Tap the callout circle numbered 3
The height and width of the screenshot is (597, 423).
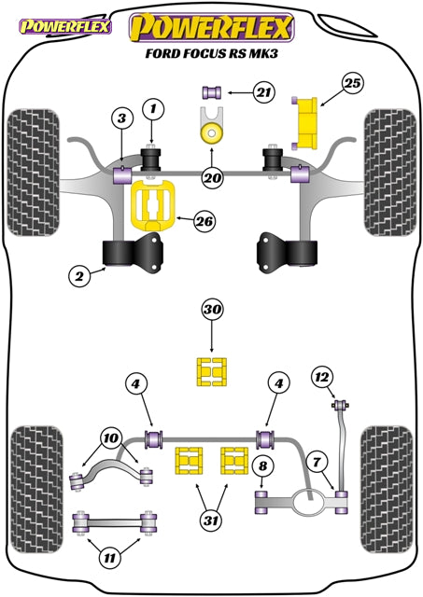coord(121,118)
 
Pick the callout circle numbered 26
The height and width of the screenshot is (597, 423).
coord(203,221)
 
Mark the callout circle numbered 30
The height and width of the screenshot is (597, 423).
coord(211,311)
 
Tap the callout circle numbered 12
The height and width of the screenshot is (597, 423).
coord(322,377)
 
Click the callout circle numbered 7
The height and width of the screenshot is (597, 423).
coord(317,461)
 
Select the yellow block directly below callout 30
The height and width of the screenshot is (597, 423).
coord(211,370)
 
